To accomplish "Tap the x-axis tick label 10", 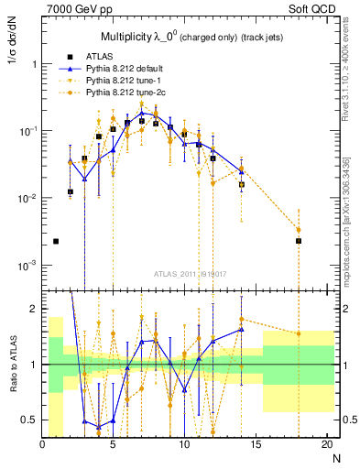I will pyautogui.click(x=184, y=445).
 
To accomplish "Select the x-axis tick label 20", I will pyautogui.click(x=327, y=445).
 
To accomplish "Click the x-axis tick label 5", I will pyautogui.click(x=113, y=445).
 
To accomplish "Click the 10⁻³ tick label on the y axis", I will pyautogui.click(x=27, y=266).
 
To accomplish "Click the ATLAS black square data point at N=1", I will pyautogui.click(x=56, y=242).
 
